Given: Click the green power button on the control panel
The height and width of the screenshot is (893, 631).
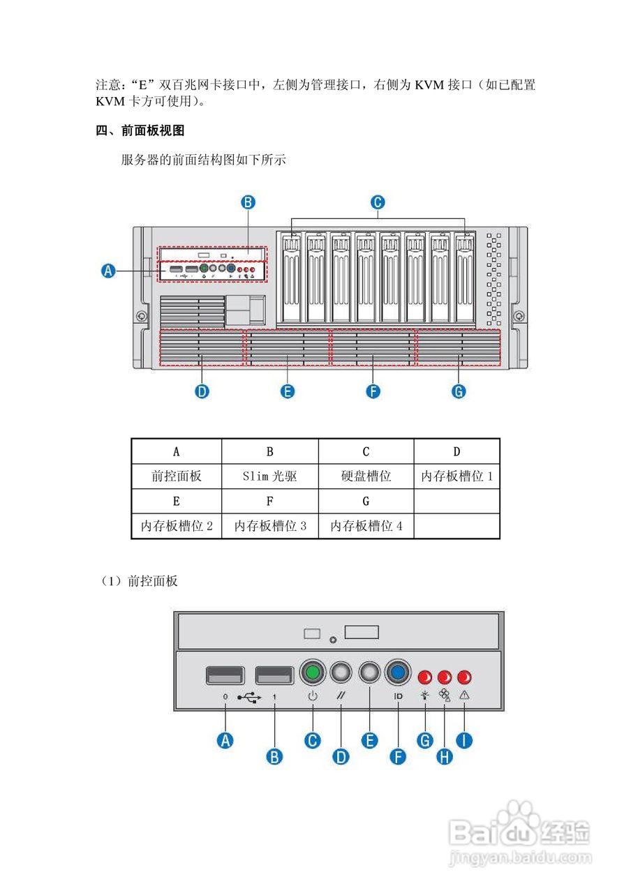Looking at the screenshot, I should pyautogui.click(x=313, y=673).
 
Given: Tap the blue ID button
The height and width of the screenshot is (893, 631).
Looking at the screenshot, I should pyautogui.click(x=397, y=673).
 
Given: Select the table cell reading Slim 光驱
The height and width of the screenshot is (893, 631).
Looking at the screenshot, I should pyautogui.click(x=269, y=476).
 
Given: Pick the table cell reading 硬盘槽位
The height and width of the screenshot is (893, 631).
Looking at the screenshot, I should pyautogui.click(x=366, y=476).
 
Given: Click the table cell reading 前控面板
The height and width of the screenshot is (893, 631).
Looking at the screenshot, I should pyautogui.click(x=176, y=476).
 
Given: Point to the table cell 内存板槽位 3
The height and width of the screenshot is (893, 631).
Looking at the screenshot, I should pyautogui.click(x=269, y=526).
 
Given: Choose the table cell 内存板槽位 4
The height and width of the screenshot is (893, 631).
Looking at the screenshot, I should pyautogui.click(x=366, y=526).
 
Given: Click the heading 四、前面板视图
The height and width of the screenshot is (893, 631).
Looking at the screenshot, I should pyautogui.click(x=140, y=130).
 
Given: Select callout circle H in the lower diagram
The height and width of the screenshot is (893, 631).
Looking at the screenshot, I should pyautogui.click(x=444, y=756).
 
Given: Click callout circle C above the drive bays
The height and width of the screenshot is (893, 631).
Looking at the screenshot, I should pyautogui.click(x=376, y=202).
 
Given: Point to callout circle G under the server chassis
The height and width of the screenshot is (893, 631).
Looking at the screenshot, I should pyautogui.click(x=459, y=391).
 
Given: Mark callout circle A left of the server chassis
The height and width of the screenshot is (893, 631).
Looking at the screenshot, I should pyautogui.click(x=108, y=271).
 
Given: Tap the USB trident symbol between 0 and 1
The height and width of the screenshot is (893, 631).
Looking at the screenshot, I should pyautogui.click(x=249, y=697).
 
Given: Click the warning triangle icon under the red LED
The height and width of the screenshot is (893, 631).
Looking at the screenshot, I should pyautogui.click(x=464, y=696).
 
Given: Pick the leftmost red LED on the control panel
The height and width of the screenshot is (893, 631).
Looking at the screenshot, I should pyautogui.click(x=424, y=677).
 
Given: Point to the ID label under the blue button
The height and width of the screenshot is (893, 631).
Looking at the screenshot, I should pyautogui.click(x=398, y=696).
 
